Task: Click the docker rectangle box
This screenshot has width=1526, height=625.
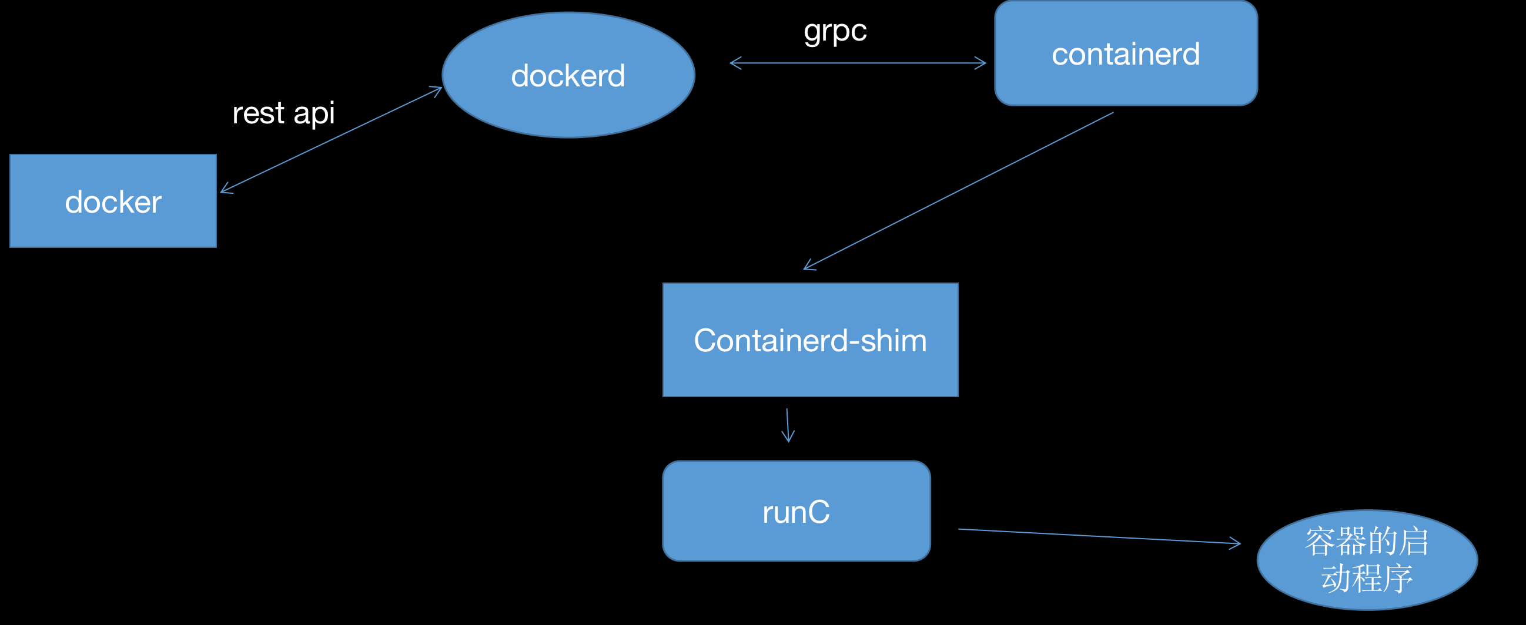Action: [113, 201]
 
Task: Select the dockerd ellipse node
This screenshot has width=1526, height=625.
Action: [568, 75]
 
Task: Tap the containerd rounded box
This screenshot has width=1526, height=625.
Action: [1126, 53]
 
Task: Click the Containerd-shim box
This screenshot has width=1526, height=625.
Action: [810, 340]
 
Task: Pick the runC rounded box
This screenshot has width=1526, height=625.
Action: [796, 512]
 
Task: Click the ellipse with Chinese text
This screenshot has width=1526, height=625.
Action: [1367, 560]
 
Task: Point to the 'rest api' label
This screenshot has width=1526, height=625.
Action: [283, 112]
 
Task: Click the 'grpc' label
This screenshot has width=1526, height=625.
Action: [835, 31]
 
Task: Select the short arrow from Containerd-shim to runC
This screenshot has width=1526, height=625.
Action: [787, 425]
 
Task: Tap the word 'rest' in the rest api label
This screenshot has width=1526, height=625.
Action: [258, 113]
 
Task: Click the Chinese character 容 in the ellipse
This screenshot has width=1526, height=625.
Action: [1320, 542]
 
